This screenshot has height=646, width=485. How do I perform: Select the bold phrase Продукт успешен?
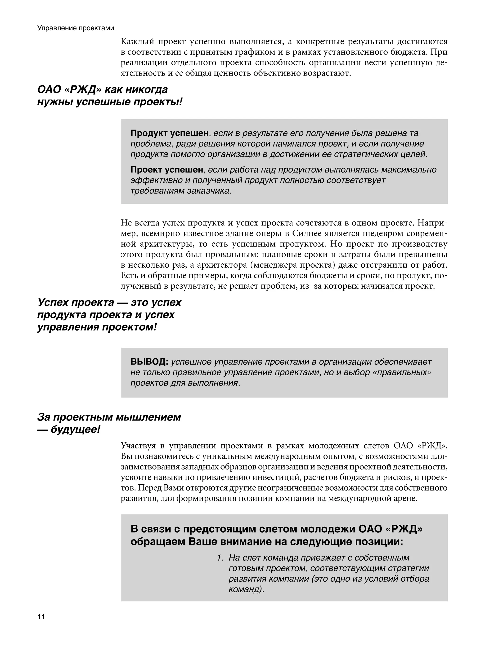[x=169, y=133]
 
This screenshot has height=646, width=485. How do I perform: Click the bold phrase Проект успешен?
[x=167, y=170]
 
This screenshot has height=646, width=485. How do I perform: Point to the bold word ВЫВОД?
[x=149, y=362]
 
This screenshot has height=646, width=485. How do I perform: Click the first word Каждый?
[x=137, y=41]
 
